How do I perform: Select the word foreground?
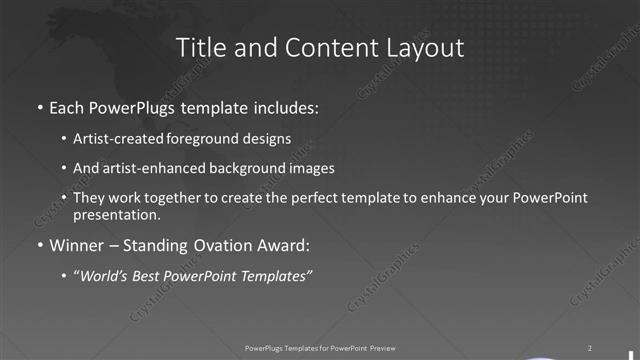(197, 139)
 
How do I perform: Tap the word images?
(309, 169)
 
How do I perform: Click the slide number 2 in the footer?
(589, 347)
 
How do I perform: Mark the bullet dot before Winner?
(39, 245)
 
